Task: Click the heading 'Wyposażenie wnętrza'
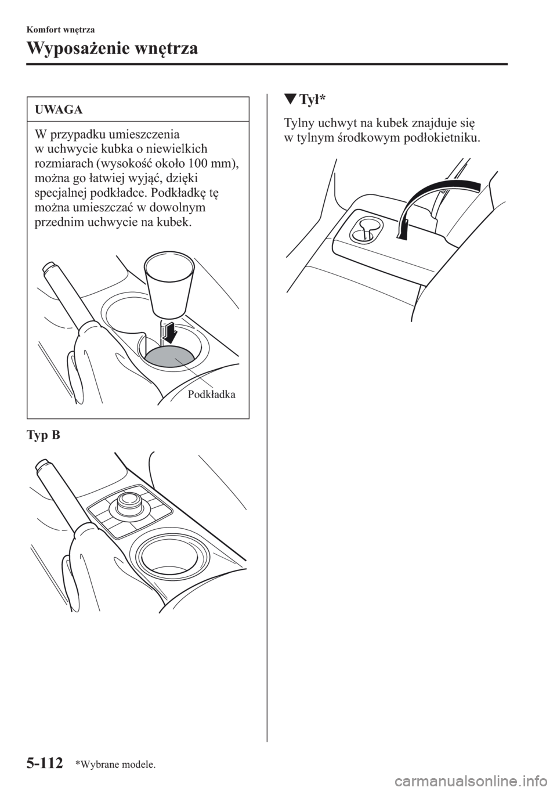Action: point(112,49)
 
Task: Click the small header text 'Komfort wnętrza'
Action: point(60,30)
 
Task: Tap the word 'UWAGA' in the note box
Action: point(59,110)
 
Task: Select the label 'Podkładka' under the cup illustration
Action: point(211,395)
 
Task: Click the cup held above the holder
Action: point(169,284)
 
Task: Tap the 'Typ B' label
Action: point(43,435)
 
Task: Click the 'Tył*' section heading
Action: point(310,101)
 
